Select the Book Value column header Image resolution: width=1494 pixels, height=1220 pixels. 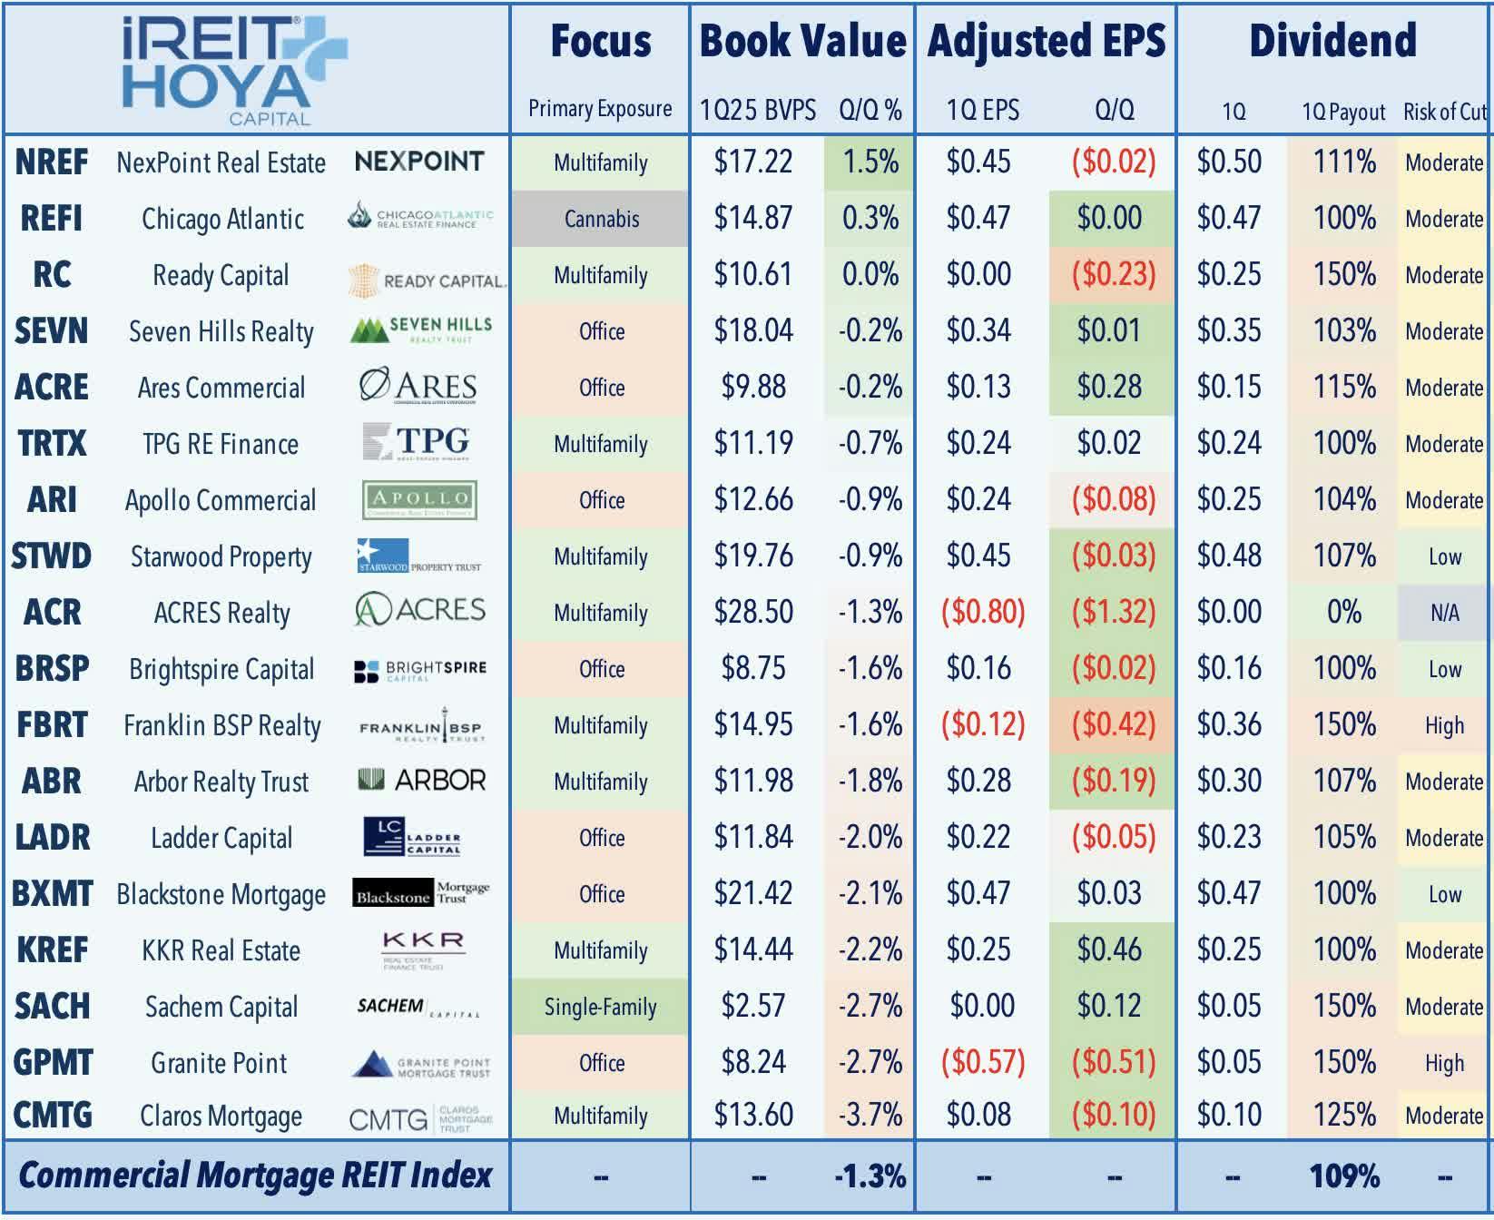point(802,42)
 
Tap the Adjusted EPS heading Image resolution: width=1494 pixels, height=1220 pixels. point(1046,42)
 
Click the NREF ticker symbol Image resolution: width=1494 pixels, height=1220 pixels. point(52,162)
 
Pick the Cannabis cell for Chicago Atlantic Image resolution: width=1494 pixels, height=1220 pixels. point(601,219)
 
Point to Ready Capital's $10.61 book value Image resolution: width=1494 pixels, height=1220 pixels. point(752,275)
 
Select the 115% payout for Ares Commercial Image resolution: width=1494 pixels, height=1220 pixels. point(1343,388)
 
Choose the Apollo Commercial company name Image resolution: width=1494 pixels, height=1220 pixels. point(221,500)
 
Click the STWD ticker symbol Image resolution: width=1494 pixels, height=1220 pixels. point(52,556)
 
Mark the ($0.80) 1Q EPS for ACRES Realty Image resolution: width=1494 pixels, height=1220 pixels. point(982,613)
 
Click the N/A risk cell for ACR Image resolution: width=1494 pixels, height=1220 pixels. point(1444,613)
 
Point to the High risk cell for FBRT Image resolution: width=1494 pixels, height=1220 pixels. point(1444,725)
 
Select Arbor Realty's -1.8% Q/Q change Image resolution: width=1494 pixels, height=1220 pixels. point(870,782)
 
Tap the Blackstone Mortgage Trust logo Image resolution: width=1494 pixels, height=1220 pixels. point(421,893)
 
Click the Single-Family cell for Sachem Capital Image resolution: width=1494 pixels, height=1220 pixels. point(600,1007)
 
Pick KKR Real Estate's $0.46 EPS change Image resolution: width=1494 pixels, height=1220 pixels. point(1109,950)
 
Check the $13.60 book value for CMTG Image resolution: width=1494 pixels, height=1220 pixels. point(752,1116)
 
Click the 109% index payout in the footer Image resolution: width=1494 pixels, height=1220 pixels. point(1343,1176)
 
